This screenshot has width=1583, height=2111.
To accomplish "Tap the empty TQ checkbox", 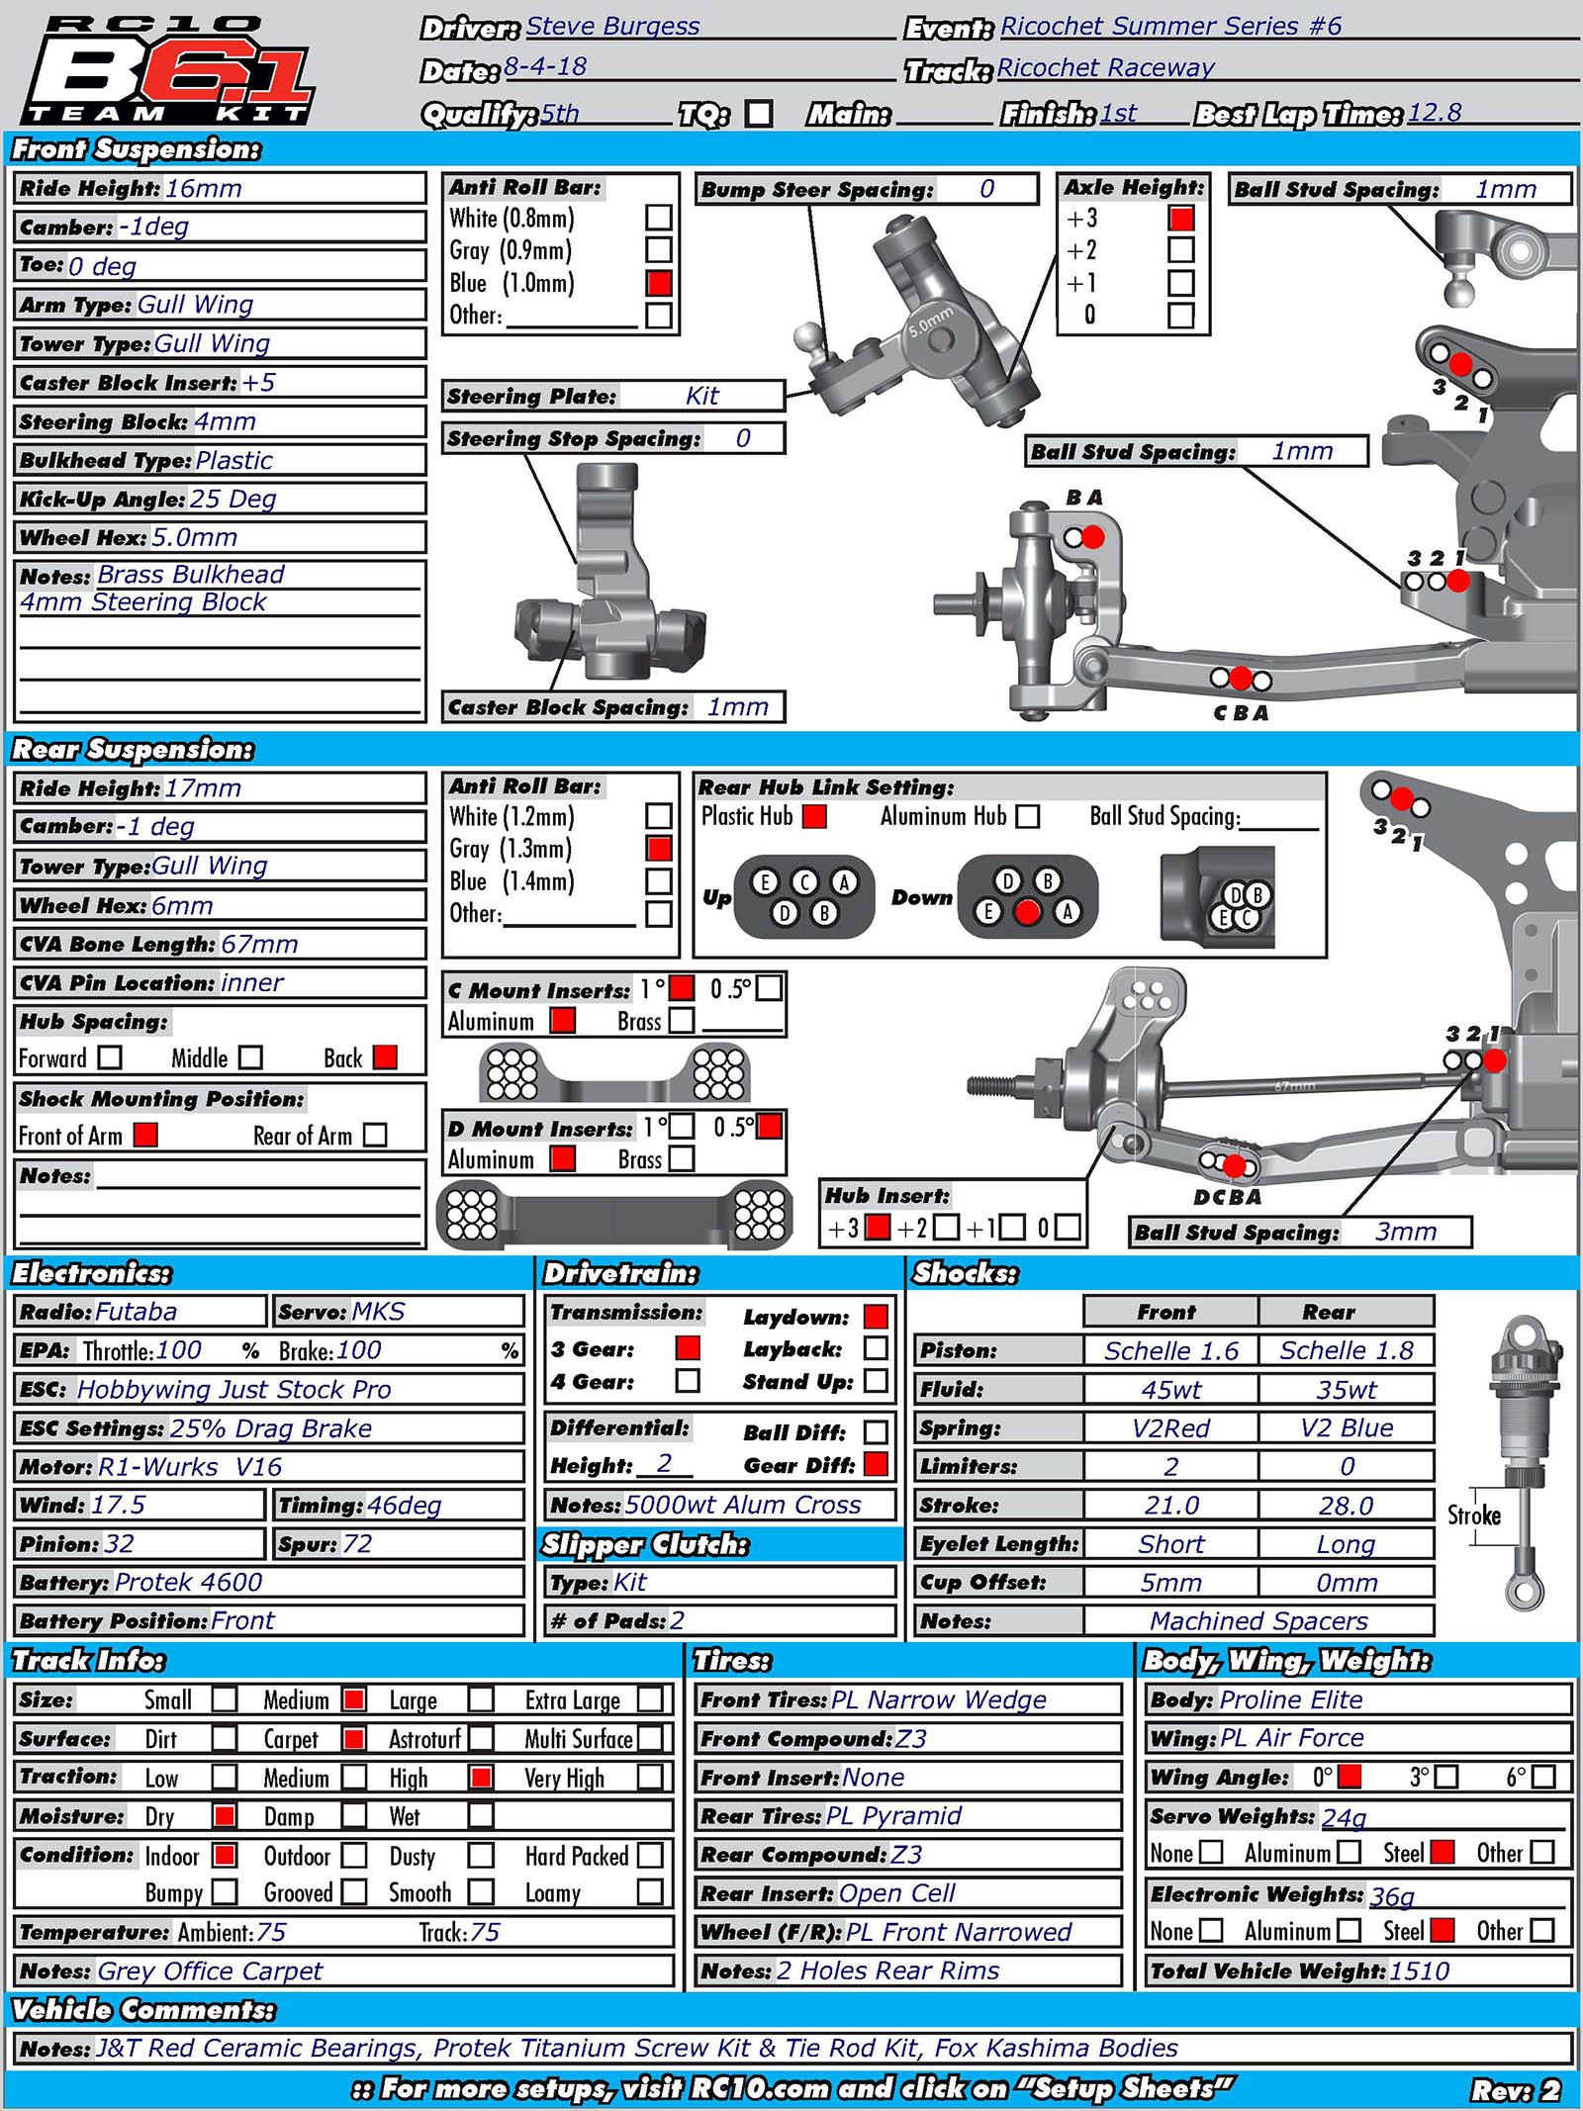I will click(759, 114).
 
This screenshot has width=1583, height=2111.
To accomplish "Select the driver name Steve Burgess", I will click(612, 27).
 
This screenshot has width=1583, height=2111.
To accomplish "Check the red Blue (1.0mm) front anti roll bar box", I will click(659, 283).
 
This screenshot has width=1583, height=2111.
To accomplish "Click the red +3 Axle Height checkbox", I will click(1180, 218).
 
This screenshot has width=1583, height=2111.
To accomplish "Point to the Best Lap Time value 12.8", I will click(1434, 113).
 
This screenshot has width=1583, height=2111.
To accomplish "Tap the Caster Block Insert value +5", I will click(259, 383).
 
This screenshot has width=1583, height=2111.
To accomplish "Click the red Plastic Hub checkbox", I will click(814, 816).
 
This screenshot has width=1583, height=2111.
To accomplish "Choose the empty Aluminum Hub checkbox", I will click(1028, 816).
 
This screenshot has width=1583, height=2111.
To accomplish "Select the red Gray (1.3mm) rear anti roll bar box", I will click(659, 848).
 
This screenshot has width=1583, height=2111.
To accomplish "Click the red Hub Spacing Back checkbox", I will click(385, 1057).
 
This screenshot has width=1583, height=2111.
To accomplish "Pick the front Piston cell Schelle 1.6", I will click(1170, 1350).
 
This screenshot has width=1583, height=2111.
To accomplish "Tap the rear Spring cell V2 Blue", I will click(1346, 1427).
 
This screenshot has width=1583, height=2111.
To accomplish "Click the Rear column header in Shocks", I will click(1328, 1312).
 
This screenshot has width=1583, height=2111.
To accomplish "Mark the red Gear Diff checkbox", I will click(876, 1464).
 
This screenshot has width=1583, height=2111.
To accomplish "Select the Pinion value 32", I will click(120, 1543).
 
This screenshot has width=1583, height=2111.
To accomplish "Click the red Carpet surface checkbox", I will click(353, 1738).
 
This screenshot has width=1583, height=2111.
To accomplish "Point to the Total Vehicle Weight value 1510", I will click(1419, 1971).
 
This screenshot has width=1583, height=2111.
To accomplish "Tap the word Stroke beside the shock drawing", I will click(1473, 1515).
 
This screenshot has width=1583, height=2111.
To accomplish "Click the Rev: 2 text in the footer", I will click(1515, 2089).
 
